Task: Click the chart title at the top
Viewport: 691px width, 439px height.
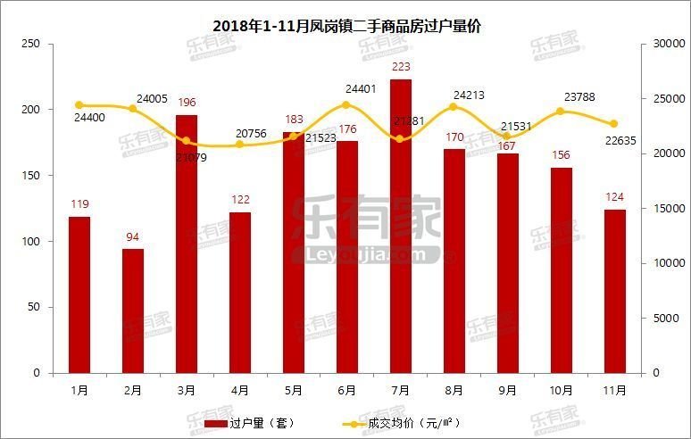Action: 346,27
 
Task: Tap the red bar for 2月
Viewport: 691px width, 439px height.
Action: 133,311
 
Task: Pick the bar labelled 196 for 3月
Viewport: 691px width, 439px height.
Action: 187,244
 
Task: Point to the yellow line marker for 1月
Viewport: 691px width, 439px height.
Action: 79,105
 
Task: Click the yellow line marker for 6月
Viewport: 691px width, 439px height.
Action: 347,105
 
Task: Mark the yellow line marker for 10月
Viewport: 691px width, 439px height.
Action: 561,112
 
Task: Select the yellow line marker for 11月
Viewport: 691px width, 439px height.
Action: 614,124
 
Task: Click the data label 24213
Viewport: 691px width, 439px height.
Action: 469,95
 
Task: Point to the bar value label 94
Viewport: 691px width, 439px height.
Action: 133,236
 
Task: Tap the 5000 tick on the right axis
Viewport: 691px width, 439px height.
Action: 664,319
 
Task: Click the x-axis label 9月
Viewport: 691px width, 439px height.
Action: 507,390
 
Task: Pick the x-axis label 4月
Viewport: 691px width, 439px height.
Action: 240,390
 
